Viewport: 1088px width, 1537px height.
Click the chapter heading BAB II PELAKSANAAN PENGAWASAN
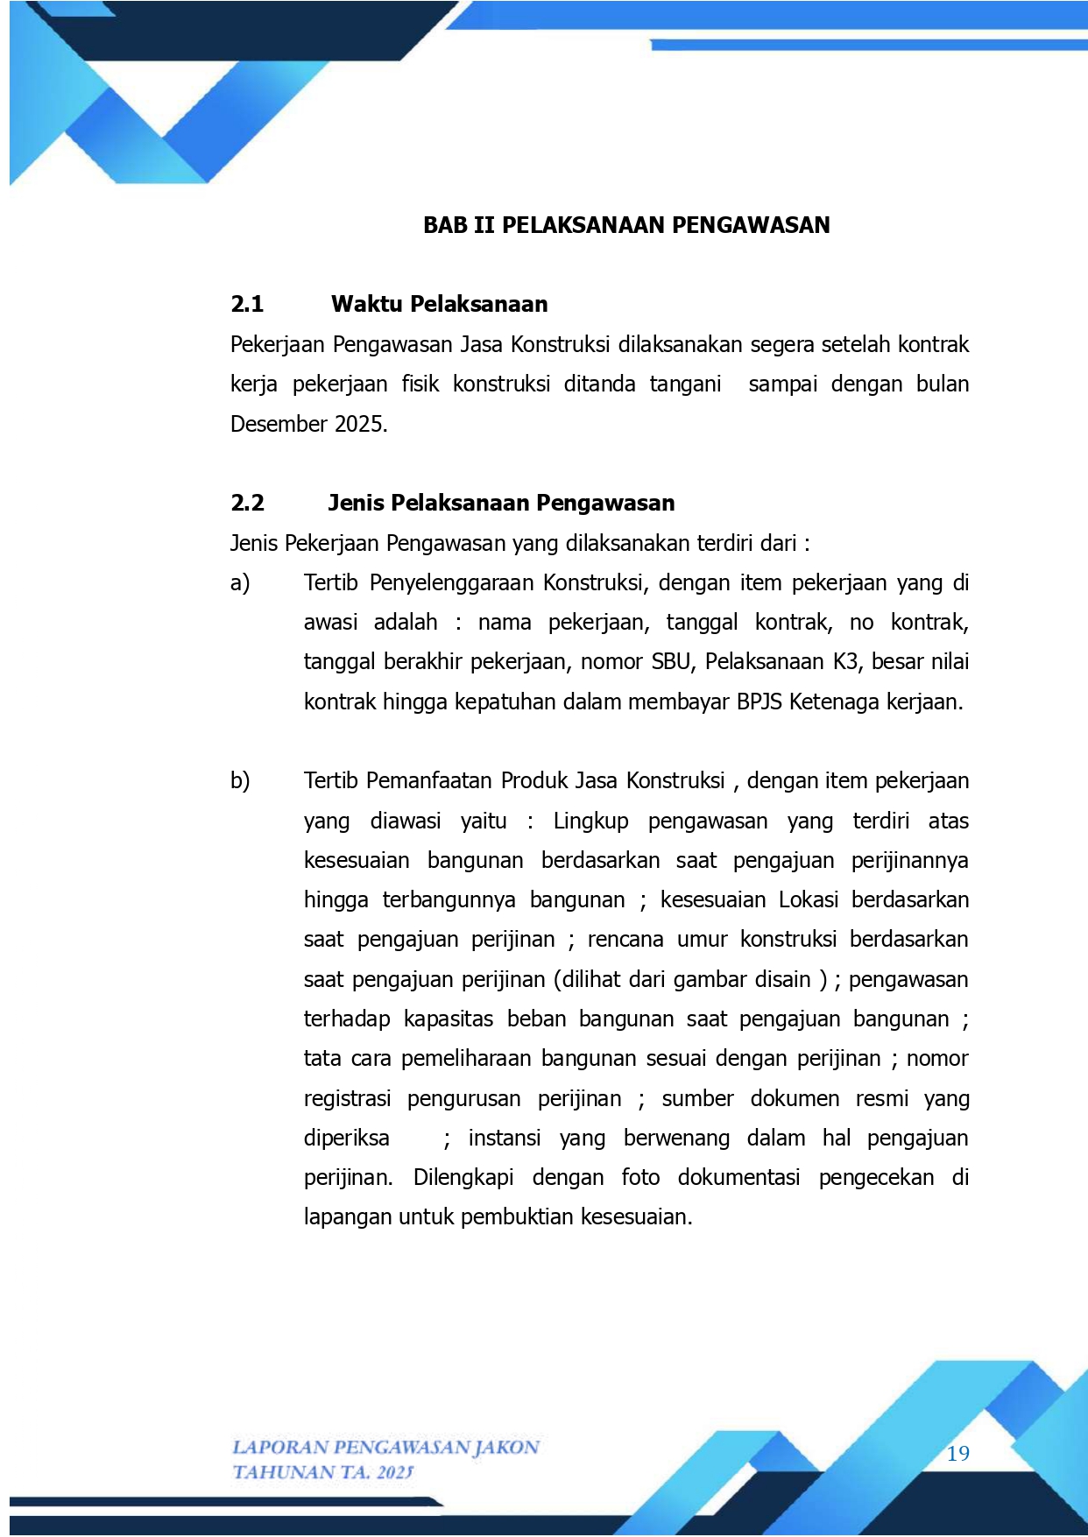pos(626,225)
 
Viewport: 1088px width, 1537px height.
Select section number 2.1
pos(247,304)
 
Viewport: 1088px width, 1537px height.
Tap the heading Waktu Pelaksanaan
pos(439,304)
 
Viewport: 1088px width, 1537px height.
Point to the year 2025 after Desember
pos(360,424)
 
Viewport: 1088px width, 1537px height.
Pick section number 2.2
pos(247,503)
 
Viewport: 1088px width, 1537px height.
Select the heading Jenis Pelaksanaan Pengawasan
pos(501,503)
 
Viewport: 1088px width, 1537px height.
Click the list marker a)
pos(240,582)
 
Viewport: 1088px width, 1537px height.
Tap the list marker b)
pos(240,780)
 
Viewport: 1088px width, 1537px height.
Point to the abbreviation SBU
pos(671,661)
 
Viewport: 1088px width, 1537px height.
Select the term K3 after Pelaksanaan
pos(846,661)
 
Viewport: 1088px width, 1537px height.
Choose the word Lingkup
pos(590,821)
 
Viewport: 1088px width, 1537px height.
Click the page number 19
pos(958,1454)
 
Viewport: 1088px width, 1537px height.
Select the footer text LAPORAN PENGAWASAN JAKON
pos(385,1447)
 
